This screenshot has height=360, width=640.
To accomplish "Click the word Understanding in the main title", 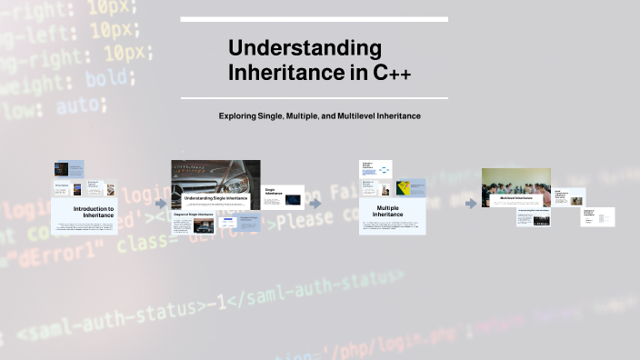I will click(x=305, y=48).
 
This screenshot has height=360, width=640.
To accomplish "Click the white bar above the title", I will click(x=314, y=19).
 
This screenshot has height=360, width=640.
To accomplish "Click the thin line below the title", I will click(x=314, y=98).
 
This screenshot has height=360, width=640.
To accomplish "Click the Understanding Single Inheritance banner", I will click(x=215, y=197).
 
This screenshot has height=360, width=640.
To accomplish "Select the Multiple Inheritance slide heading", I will click(x=388, y=211).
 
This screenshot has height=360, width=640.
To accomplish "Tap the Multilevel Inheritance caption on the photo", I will click(x=515, y=197).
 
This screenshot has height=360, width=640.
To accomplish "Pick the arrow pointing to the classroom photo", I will click(x=471, y=204).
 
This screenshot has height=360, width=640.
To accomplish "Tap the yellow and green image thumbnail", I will click(x=398, y=189).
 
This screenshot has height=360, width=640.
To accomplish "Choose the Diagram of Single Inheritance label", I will click(x=193, y=215).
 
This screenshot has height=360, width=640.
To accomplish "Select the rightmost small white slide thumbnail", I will click(x=597, y=216).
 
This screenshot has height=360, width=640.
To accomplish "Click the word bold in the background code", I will click(x=105, y=79).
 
